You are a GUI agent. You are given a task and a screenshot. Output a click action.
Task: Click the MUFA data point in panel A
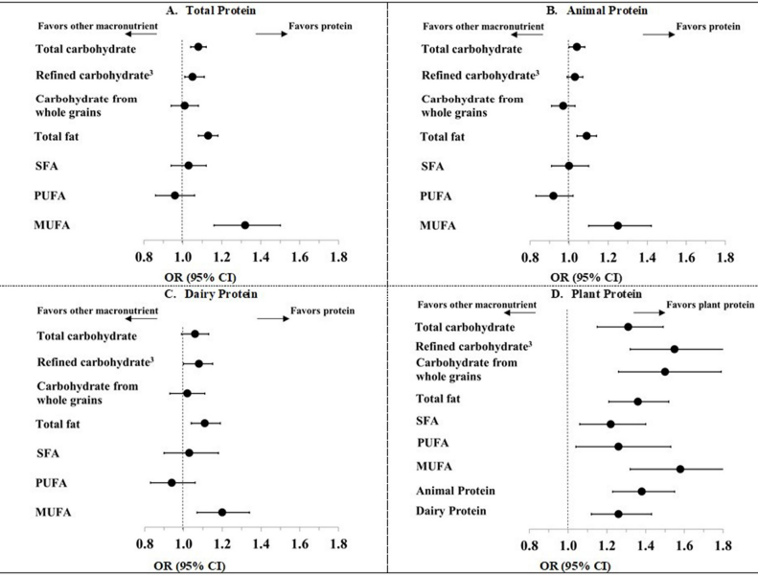click(x=245, y=225)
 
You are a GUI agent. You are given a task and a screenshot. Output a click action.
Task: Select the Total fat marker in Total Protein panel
click(x=208, y=136)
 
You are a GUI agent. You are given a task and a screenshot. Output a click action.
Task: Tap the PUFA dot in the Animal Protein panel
click(x=553, y=196)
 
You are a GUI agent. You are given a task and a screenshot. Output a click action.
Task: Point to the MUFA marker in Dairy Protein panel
click(x=222, y=513)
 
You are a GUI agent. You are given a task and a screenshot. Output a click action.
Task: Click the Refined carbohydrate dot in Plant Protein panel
click(x=675, y=349)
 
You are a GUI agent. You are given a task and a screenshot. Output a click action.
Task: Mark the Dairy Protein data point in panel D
click(x=619, y=515)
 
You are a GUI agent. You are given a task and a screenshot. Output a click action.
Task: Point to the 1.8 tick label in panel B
click(x=724, y=258)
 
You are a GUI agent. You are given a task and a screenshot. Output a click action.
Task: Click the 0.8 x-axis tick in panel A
click(x=144, y=258)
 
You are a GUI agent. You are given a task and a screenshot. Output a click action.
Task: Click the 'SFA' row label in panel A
click(x=48, y=166)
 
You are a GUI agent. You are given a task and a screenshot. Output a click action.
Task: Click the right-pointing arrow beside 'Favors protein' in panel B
click(x=658, y=34)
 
